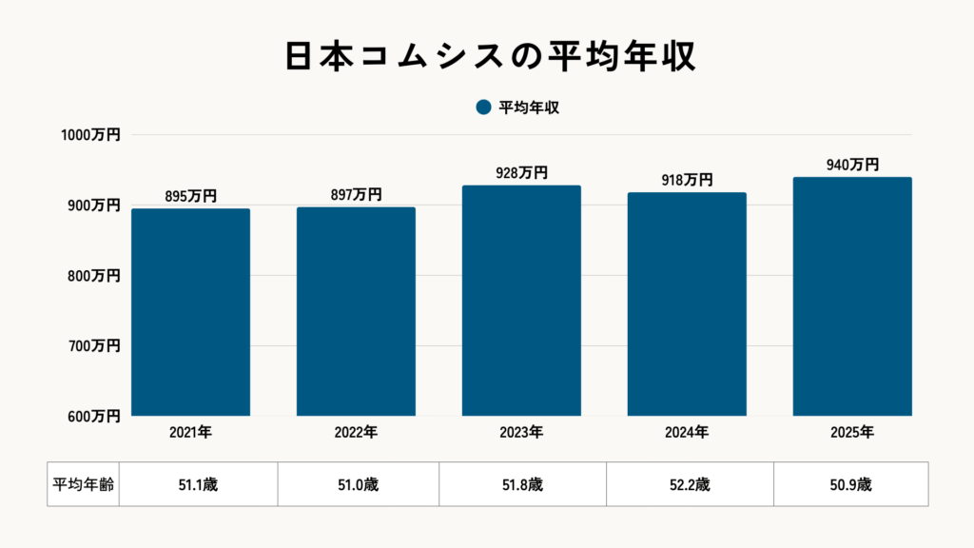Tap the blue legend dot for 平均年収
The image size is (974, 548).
point(483,108)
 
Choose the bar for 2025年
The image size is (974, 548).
point(852,297)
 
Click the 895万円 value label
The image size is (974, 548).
point(190,196)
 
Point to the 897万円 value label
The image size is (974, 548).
point(356,195)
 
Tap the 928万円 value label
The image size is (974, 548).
point(521,173)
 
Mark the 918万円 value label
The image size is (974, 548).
point(687,180)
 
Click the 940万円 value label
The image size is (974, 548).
point(852,165)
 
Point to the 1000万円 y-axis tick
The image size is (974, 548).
point(90,135)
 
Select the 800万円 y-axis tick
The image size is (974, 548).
point(94,276)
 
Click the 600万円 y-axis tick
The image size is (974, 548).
point(94,416)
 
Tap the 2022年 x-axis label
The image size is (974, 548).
point(356,433)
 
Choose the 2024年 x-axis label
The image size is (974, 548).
point(687,433)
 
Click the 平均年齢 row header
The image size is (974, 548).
point(83,484)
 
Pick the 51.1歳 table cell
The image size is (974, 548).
point(198,484)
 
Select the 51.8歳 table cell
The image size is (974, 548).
point(522,484)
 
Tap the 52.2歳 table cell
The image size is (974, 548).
point(690,484)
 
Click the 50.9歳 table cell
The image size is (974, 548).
point(850,484)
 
